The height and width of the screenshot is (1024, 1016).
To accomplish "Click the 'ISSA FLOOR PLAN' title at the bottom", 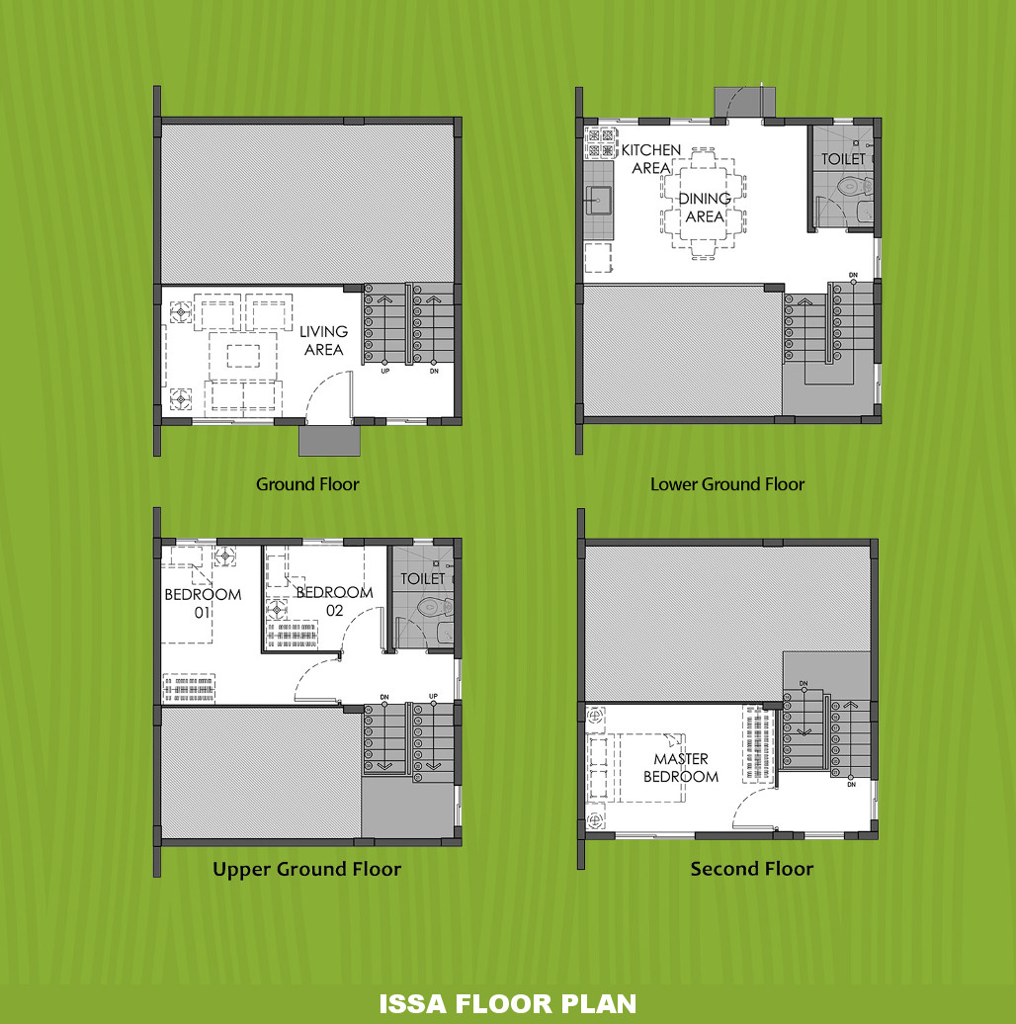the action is (507, 1004).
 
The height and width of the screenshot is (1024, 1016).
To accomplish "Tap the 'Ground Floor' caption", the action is (307, 484).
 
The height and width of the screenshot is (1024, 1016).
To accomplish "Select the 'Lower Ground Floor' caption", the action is (727, 484).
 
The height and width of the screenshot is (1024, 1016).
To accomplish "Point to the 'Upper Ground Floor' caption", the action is (307, 869).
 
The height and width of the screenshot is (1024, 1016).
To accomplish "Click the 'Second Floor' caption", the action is (752, 869).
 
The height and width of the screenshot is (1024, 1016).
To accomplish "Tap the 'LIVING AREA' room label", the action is (324, 340).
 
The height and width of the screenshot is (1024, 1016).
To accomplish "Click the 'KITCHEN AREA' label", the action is (651, 159).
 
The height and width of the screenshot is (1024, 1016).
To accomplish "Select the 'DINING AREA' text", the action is (705, 207).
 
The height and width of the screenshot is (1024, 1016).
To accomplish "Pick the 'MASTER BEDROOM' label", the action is (681, 767).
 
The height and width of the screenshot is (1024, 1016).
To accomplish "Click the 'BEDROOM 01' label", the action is (203, 603).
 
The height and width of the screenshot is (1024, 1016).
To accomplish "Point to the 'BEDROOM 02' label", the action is (334, 602).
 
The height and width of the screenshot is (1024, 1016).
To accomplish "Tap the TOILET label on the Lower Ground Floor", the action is (843, 159).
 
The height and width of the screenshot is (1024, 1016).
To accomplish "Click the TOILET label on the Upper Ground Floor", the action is (422, 578).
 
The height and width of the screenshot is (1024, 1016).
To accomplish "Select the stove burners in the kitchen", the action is (601, 143).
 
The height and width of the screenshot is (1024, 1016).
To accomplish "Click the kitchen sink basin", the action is (598, 200).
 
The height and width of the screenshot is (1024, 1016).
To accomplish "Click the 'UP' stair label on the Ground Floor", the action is (385, 371).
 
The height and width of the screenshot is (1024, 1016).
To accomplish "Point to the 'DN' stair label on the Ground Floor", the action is (434, 371).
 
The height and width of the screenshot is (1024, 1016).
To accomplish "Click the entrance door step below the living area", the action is (330, 441).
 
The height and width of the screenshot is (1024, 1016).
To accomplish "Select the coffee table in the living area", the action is (243, 356).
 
